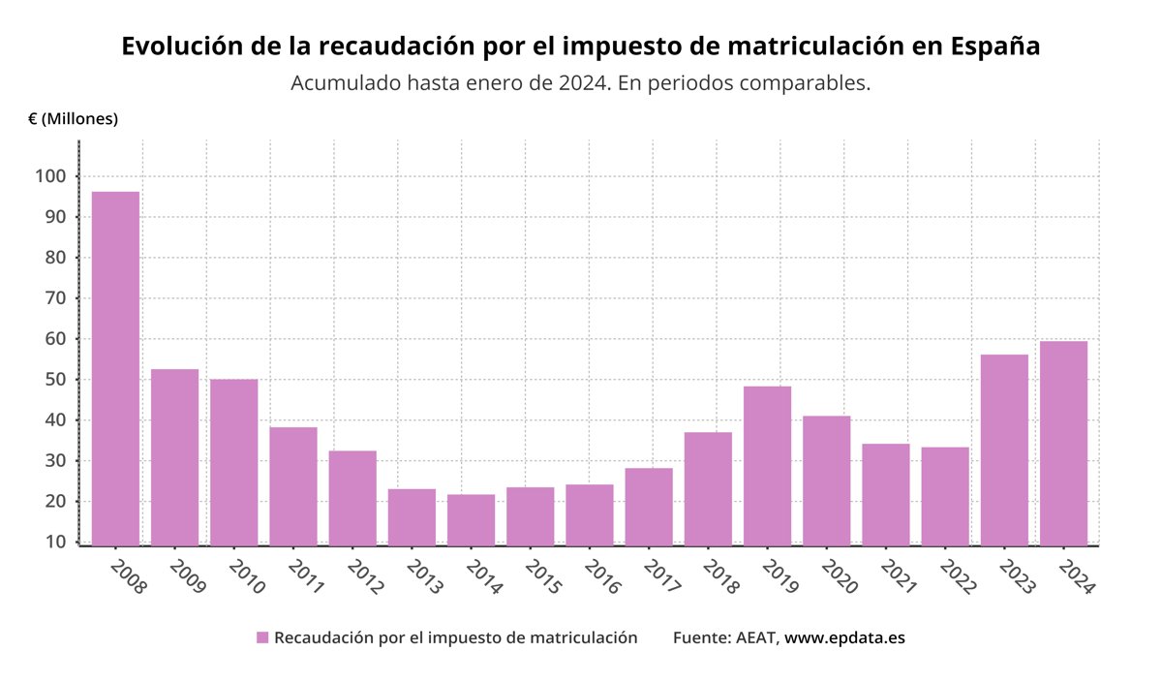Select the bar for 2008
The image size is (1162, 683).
click(x=115, y=368)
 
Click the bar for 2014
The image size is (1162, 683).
click(x=471, y=520)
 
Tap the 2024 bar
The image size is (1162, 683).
click(x=1063, y=443)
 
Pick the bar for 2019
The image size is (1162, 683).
click(x=767, y=465)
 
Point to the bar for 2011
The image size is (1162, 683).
click(x=293, y=485)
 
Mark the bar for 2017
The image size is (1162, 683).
click(x=649, y=507)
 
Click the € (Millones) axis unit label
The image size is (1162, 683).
click(x=73, y=118)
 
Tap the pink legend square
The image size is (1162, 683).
click(x=261, y=637)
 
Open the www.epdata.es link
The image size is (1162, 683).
click(x=844, y=637)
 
